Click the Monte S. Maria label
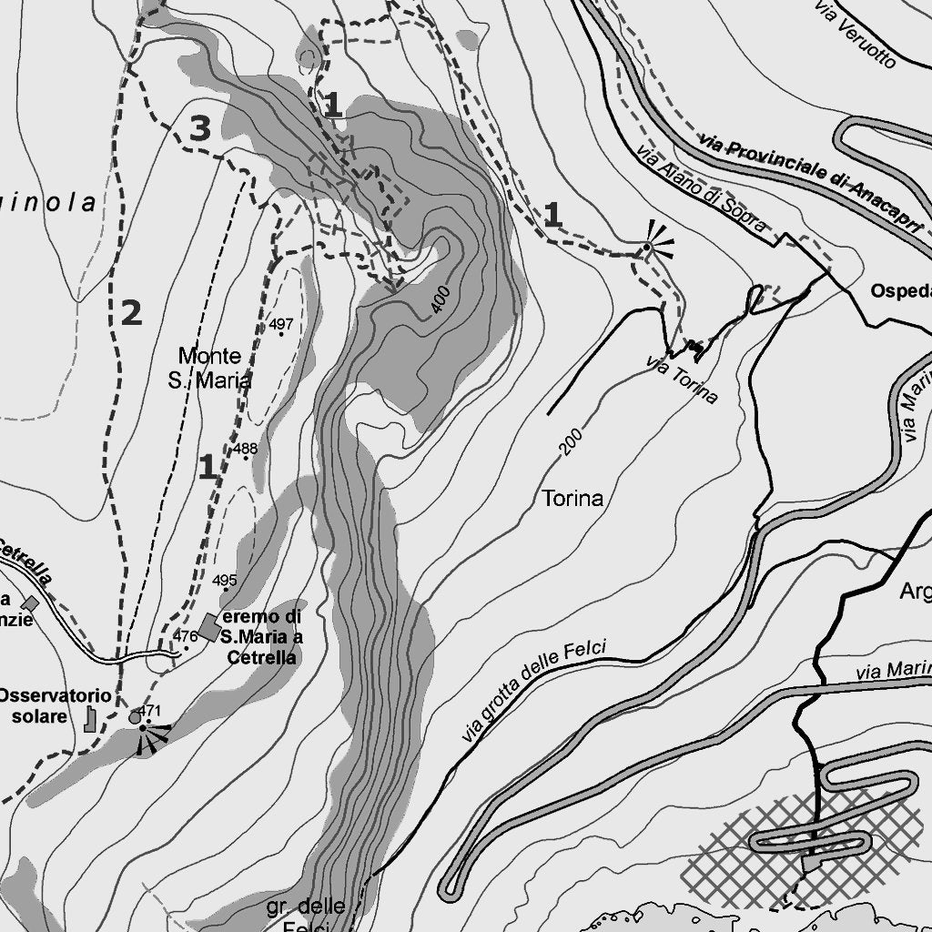[210, 368]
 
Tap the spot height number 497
[281, 324]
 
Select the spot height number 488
[245, 449]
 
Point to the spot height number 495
[224, 580]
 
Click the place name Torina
[572, 498]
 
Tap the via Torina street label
[682, 379]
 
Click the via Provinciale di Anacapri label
[813, 181]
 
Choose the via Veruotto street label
[856, 35]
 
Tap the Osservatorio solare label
[55, 706]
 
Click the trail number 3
[200, 129]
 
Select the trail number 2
[131, 313]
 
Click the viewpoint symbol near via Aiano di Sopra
[648, 246]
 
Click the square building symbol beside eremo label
[209, 626]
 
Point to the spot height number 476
[185, 636]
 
